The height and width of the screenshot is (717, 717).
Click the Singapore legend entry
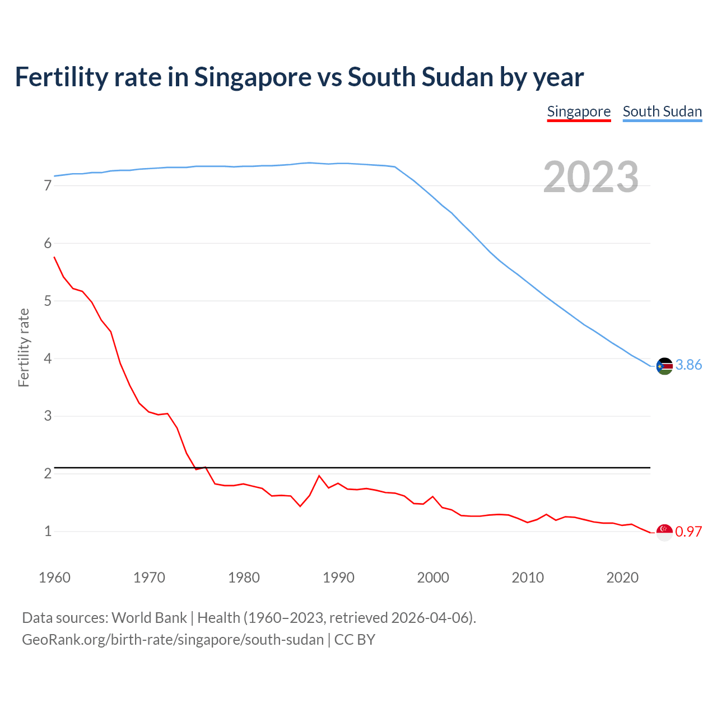579,111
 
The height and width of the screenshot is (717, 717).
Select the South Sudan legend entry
662,111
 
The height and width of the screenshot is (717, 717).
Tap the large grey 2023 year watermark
591,177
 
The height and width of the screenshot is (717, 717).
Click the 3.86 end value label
688,365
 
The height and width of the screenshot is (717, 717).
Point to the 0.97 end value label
688,532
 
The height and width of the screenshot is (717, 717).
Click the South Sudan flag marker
664,366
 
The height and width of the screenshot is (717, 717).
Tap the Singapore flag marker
664,532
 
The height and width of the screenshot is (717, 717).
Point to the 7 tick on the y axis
48,185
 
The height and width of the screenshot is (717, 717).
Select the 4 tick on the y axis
48,358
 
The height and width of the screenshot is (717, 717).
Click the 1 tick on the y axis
48,531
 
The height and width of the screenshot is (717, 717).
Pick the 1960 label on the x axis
54,578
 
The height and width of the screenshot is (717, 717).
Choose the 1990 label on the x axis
338,578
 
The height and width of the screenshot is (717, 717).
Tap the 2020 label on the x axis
622,578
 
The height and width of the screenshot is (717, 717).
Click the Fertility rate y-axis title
24,347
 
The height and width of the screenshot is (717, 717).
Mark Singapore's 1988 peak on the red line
319,476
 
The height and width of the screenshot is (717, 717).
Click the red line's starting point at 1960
54,257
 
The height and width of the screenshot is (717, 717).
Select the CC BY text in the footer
355,640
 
